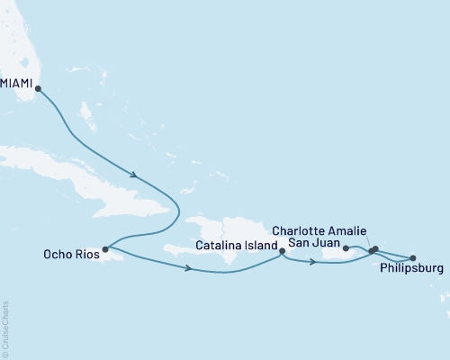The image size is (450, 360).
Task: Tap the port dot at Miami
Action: point(38,86)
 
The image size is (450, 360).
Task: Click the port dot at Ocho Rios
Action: point(106,249)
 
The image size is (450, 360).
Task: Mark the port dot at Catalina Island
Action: point(283,251)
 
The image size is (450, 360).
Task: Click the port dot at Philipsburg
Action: point(413,258)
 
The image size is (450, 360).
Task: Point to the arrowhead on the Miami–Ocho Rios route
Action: point(135,175)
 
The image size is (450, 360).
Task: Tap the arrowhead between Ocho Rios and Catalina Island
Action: point(188,268)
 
